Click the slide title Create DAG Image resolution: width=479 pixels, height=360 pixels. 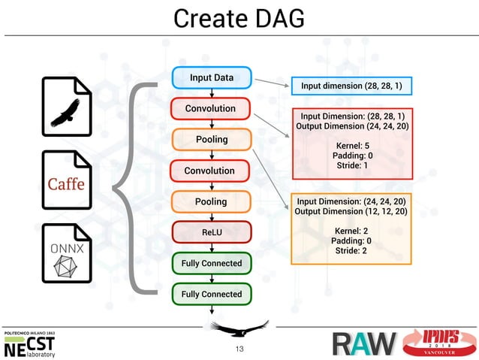point(239,18)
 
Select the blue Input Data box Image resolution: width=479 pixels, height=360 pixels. point(211,78)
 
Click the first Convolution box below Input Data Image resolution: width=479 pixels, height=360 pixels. point(211,109)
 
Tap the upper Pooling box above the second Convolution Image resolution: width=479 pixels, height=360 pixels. point(211,140)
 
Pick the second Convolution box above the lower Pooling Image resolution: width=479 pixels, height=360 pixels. point(211,171)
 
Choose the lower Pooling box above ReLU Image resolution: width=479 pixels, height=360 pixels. point(211,202)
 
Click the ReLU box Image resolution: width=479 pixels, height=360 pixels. point(211,233)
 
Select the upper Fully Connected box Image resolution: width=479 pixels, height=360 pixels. point(211,264)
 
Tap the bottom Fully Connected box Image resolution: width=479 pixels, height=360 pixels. point(211,295)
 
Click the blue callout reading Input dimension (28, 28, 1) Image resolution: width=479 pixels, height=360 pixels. point(351,86)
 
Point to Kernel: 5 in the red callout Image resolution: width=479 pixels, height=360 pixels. point(352,145)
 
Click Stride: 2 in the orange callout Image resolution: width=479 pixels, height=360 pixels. point(352,251)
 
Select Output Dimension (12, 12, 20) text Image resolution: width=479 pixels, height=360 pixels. point(352,213)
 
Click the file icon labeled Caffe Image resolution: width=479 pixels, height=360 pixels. point(67,183)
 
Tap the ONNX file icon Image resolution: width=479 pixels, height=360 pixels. point(67,254)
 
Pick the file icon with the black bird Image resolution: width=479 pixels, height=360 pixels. point(67,110)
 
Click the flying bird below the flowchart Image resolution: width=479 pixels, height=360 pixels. point(238,328)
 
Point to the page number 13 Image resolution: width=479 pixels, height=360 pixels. point(239,349)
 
